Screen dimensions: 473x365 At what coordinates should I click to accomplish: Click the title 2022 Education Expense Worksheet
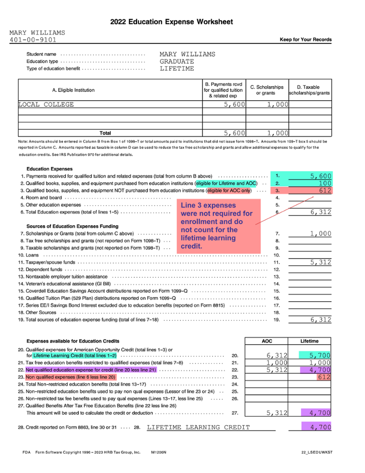coord(171,22)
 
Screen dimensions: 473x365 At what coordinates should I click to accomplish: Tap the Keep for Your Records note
coord(305,40)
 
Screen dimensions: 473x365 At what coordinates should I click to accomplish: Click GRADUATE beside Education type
coord(177,61)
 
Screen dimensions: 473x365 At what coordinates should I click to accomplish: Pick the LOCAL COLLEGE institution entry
coord(46,104)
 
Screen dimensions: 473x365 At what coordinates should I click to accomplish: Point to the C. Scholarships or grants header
coord(267,90)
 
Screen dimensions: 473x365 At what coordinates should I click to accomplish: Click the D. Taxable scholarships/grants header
coord(310,90)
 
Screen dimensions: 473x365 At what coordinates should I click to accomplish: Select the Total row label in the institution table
coord(105,133)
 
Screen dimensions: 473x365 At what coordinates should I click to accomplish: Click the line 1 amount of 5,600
coord(321,176)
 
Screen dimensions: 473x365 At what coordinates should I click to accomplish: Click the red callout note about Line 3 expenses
coord(216,225)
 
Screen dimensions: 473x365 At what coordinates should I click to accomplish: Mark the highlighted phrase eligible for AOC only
coord(229,190)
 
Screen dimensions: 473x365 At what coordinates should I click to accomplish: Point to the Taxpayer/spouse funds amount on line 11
coord(321,262)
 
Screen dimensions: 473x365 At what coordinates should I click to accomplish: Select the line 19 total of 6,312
coord(321,320)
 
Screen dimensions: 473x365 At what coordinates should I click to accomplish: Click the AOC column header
coord(267,341)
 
